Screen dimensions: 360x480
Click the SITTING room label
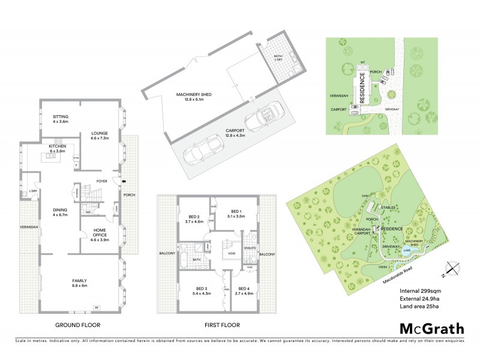61,119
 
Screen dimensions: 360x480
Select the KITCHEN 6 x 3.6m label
58,148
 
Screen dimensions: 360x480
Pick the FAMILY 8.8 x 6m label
80,283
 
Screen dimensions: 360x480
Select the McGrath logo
431,328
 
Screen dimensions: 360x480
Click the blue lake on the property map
407,251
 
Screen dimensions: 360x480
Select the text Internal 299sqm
421,292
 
